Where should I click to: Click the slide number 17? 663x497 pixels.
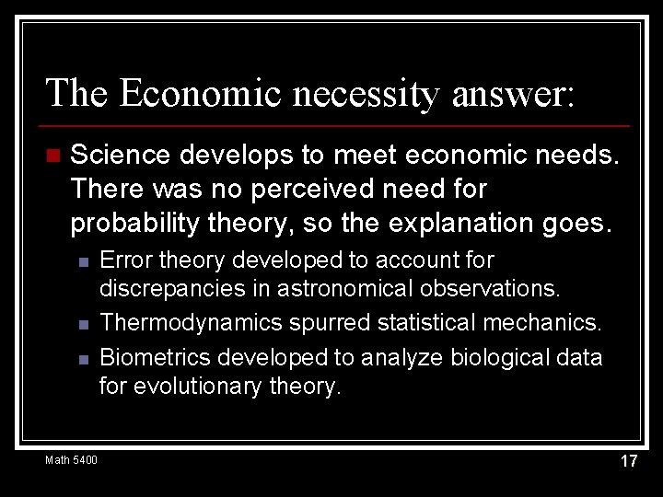pos(628,461)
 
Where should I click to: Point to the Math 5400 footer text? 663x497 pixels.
pos(71,459)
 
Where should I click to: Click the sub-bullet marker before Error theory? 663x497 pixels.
pos(82,262)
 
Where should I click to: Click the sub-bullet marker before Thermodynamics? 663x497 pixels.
pos(82,324)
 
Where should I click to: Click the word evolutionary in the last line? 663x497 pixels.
pos(191,387)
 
